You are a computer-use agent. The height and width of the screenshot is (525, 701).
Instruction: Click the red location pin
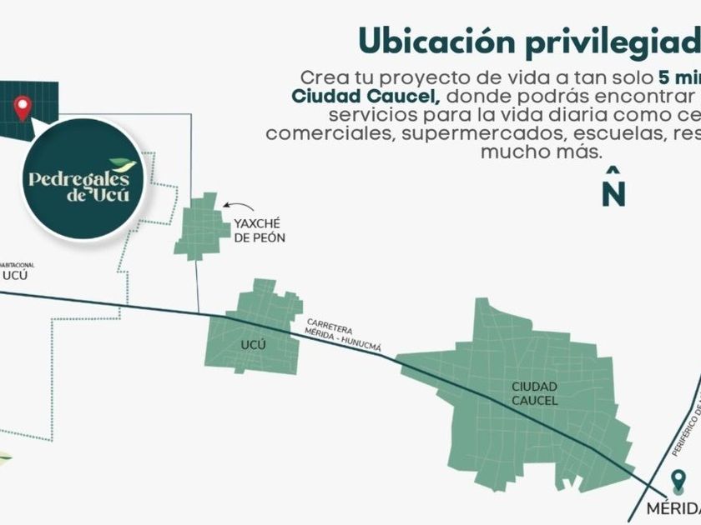(23, 107)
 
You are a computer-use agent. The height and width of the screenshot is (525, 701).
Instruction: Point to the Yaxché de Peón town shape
(201, 226)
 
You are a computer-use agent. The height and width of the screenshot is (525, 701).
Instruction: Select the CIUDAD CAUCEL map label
(536, 393)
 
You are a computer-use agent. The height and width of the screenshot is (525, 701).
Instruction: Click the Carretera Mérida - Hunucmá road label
(343, 336)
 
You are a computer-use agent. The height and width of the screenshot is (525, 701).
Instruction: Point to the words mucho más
(541, 152)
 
